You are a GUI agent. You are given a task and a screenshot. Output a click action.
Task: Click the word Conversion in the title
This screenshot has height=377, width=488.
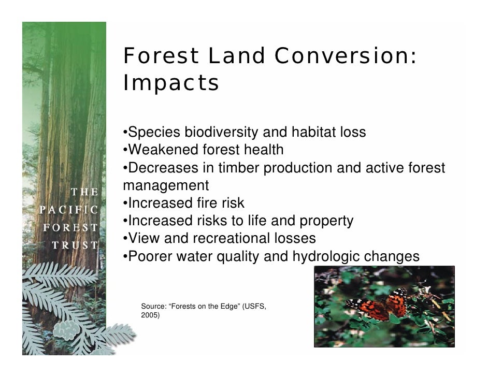[345, 56]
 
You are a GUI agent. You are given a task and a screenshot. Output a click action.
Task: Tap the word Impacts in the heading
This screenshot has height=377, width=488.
[171, 83]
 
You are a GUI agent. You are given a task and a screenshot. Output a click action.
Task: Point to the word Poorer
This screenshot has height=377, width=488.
[151, 256]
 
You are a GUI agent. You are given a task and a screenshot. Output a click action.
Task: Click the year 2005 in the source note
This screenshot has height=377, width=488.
[150, 314]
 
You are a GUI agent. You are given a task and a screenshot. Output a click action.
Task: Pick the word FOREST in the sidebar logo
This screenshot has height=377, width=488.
[70, 228]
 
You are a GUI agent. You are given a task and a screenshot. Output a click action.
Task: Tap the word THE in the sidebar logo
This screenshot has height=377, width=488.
[84, 192]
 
